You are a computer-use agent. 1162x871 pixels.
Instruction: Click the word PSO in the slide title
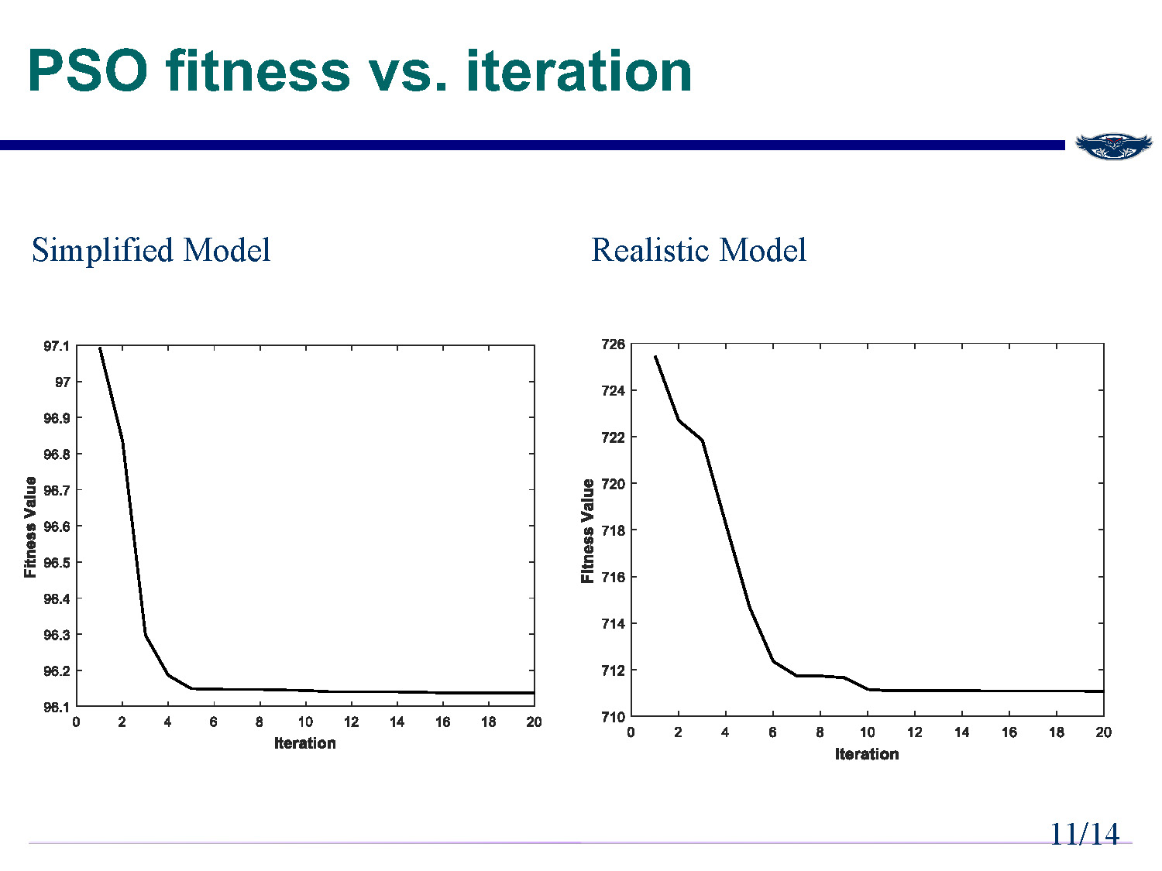click(87, 71)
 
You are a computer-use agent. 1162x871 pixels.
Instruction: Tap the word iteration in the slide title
click(578, 71)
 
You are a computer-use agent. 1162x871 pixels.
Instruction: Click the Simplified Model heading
click(151, 250)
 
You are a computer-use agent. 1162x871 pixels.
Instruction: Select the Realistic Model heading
click(699, 250)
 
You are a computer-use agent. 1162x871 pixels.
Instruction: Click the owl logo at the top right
click(1113, 146)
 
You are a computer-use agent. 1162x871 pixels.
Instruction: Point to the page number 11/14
click(1084, 834)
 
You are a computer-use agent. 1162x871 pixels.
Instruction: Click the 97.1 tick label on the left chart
click(56, 346)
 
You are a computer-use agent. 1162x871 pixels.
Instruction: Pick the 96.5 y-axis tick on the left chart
click(56, 563)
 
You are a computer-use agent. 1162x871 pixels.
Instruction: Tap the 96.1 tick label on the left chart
click(56, 707)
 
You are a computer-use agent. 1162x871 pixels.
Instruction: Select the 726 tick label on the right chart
click(613, 345)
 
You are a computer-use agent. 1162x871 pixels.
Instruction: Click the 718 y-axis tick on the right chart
click(613, 530)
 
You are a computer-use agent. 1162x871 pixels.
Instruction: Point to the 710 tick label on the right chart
click(613, 716)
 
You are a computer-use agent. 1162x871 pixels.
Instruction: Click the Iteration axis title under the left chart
click(305, 743)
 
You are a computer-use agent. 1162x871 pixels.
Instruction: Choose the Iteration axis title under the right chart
click(867, 754)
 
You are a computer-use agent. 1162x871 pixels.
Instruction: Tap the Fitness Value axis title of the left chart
click(30, 526)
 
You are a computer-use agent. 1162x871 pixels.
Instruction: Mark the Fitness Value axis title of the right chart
click(588, 530)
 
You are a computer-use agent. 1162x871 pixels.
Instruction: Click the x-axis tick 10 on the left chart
click(305, 722)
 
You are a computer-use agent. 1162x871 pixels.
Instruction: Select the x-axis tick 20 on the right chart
click(1103, 732)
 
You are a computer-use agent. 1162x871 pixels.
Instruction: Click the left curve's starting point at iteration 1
click(100, 348)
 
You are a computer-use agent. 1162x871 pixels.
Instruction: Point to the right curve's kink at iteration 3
click(702, 441)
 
